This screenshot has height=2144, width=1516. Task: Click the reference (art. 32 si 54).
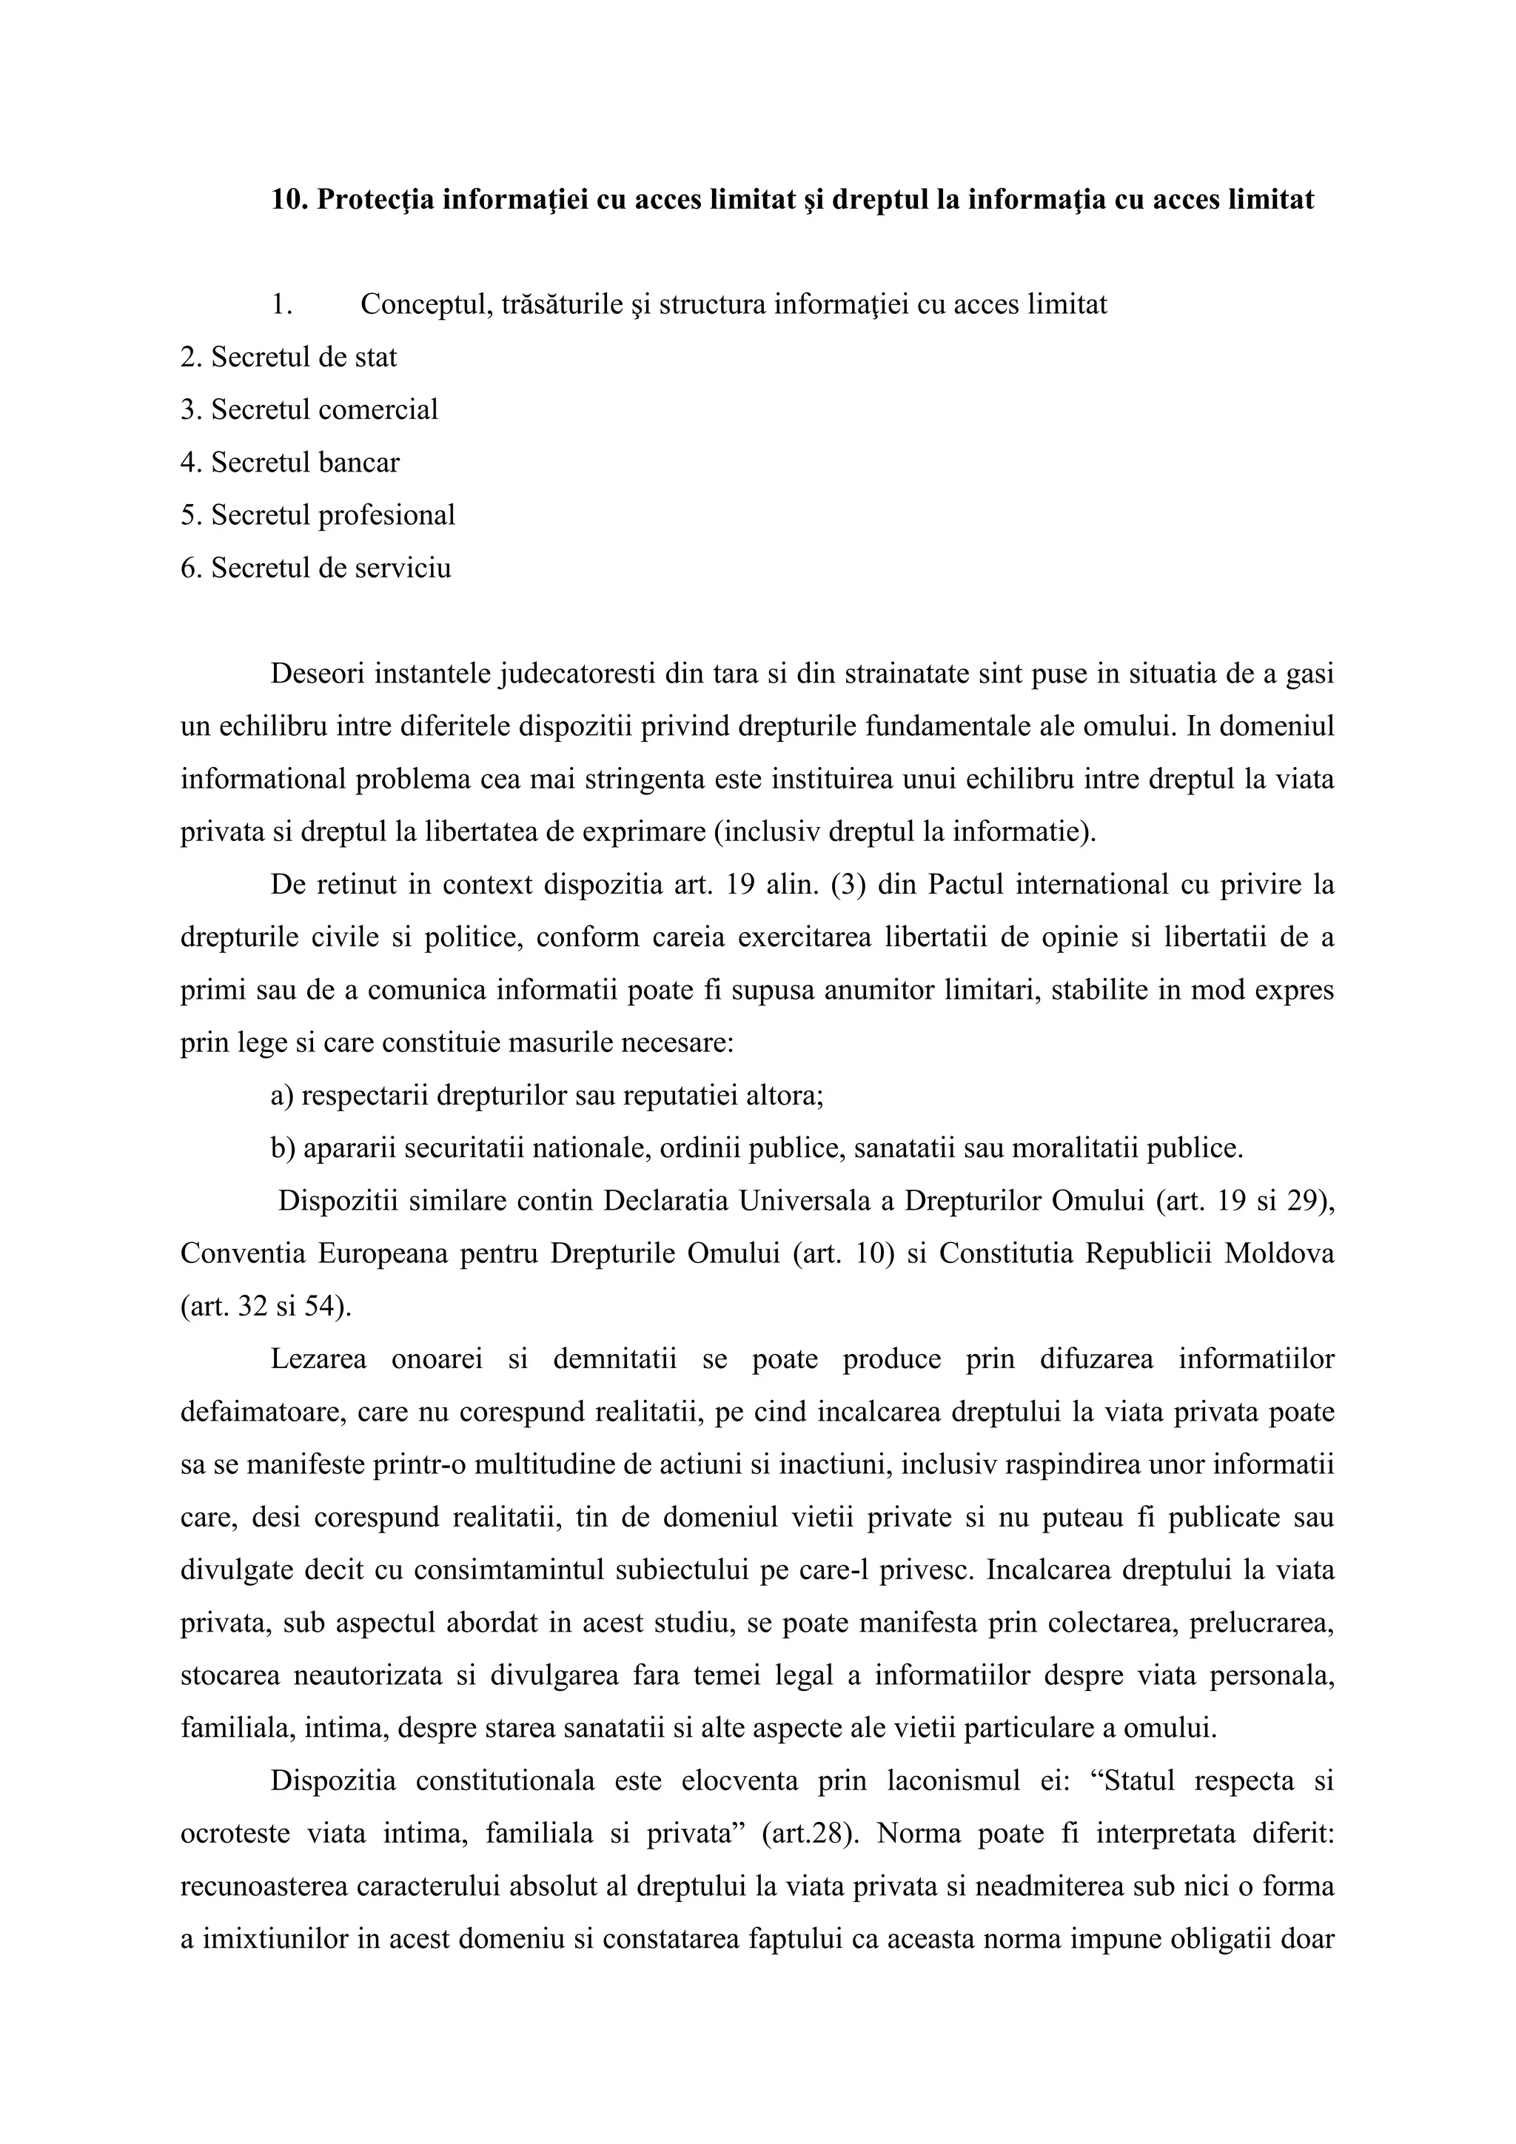266,1305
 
